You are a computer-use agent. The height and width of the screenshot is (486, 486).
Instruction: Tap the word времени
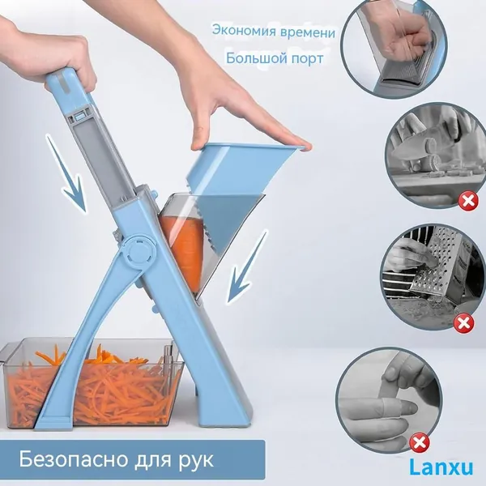tap(308, 33)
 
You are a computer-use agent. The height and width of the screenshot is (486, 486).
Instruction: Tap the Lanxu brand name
tap(441, 467)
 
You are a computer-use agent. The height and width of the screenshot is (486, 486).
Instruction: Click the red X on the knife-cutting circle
tap(468, 201)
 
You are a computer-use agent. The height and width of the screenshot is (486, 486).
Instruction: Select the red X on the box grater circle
tap(463, 323)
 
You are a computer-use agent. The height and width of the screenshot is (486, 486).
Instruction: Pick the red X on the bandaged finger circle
tap(419, 443)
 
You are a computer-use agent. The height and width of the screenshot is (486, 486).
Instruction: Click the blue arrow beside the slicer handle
tap(66, 173)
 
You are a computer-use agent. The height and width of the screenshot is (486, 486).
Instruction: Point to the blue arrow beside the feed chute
tap(247, 266)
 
